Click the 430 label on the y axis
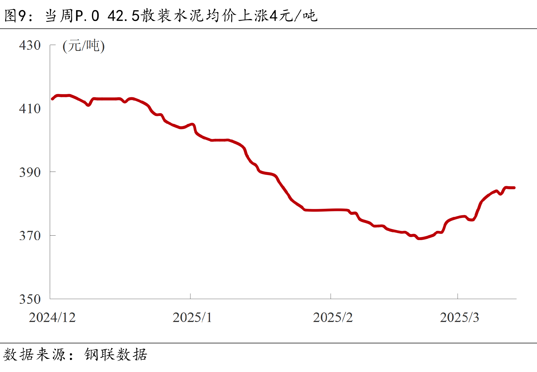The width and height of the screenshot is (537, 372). [30, 45]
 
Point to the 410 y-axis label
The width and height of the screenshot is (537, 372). [30, 109]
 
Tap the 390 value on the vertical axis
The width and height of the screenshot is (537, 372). [30, 172]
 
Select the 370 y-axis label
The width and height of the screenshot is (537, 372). [30, 236]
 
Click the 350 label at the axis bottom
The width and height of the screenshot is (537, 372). [30, 299]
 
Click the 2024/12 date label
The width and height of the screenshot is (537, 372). [52, 317]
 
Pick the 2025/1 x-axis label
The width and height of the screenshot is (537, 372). [192, 317]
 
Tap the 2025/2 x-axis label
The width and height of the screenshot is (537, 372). [333, 317]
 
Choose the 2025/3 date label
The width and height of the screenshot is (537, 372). [459, 317]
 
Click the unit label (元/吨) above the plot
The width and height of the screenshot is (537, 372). [84, 46]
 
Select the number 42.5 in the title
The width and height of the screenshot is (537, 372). [123, 16]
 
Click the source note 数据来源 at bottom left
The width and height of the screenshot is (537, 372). [34, 354]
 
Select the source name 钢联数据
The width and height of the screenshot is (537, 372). [116, 354]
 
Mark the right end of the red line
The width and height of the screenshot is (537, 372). [514, 188]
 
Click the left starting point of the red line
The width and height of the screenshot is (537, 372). [52, 99]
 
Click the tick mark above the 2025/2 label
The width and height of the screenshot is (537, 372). [331, 296]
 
